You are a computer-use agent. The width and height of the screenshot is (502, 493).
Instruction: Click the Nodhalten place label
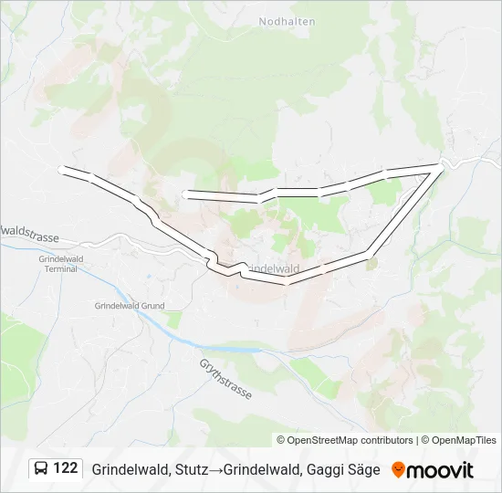point(288,21)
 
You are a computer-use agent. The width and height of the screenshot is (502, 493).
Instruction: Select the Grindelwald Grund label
point(129,306)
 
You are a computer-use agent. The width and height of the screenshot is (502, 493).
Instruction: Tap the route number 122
point(66,468)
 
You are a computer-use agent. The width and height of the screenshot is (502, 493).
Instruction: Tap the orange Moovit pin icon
point(398,469)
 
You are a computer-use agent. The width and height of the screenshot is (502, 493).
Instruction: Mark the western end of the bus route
point(60,169)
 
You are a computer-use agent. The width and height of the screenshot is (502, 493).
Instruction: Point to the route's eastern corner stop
point(441,163)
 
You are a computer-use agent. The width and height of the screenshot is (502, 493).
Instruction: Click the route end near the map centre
point(185,194)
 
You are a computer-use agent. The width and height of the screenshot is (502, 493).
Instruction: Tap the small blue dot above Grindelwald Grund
point(148,275)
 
